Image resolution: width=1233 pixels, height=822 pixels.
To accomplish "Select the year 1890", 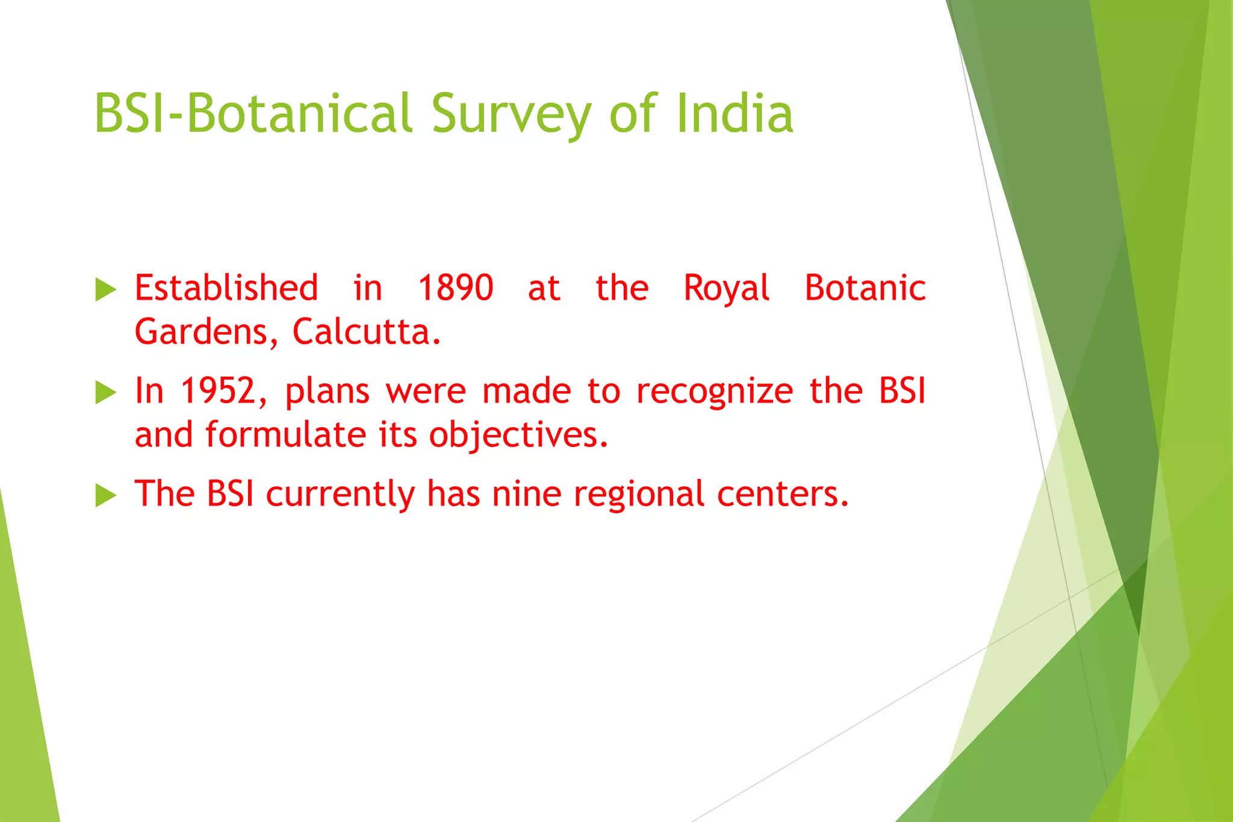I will click(456, 288).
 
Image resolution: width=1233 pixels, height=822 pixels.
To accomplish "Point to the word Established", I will click(226, 288).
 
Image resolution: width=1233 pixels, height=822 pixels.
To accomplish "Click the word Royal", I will click(726, 289).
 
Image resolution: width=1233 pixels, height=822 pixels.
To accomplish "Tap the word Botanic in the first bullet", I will click(865, 288).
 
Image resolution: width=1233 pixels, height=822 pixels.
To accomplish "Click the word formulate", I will click(285, 434).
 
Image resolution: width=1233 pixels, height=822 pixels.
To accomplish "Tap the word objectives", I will click(518, 436).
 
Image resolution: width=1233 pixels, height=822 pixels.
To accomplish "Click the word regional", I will click(638, 495).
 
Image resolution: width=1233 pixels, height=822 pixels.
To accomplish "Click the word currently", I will click(340, 495).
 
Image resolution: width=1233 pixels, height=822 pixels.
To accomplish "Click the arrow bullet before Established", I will click(105, 290).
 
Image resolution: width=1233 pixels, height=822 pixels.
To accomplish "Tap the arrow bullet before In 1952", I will click(105, 393).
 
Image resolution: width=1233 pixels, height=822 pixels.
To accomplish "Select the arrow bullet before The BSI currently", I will click(105, 496).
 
